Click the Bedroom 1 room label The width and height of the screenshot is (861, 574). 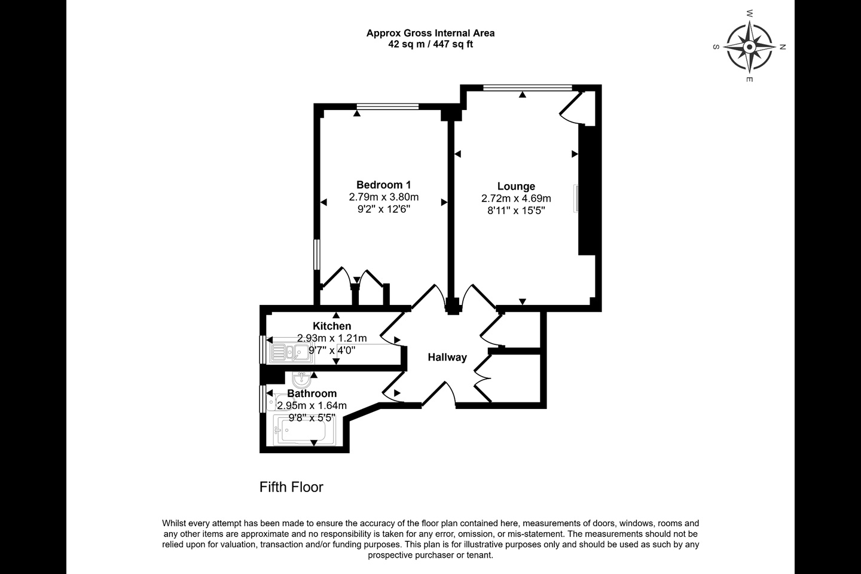pyautogui.click(x=384, y=185)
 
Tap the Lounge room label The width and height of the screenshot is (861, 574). pyautogui.click(x=516, y=187)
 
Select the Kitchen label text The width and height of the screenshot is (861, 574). pyautogui.click(x=332, y=326)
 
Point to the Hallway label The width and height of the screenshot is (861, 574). pyautogui.click(x=447, y=358)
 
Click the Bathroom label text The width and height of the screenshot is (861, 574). pyautogui.click(x=312, y=393)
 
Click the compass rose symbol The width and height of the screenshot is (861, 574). pyautogui.click(x=750, y=47)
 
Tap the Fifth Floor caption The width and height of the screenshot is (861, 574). pyautogui.click(x=291, y=487)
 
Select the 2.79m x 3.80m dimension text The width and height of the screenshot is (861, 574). pyautogui.click(x=384, y=197)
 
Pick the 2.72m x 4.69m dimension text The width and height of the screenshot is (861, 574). pyautogui.click(x=516, y=199)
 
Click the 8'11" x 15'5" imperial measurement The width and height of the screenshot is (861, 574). pyautogui.click(x=516, y=210)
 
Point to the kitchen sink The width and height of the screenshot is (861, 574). pyautogui.click(x=291, y=353)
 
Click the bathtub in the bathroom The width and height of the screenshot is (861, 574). pyautogui.click(x=304, y=430)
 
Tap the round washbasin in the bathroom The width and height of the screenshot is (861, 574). pyautogui.click(x=302, y=380)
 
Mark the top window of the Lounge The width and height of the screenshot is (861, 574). pyautogui.click(x=528, y=88)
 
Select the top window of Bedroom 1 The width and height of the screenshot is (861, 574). pyautogui.click(x=387, y=106)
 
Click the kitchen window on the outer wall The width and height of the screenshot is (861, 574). pyautogui.click(x=263, y=349)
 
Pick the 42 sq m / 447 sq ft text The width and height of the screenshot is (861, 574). pyautogui.click(x=430, y=44)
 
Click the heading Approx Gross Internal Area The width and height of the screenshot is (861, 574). pyautogui.click(x=430, y=33)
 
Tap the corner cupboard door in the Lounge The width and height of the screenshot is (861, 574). pyautogui.click(x=572, y=107)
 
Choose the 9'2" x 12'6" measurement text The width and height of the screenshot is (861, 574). pyautogui.click(x=384, y=209)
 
